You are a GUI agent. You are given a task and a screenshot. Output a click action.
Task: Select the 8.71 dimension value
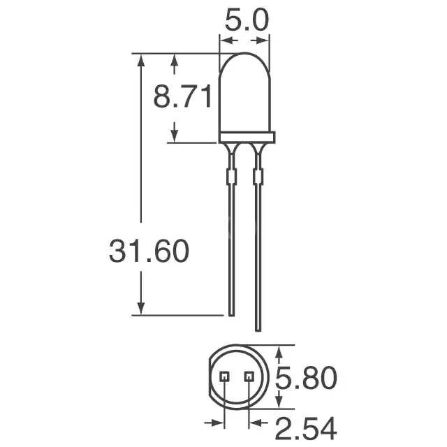[x=183, y=98]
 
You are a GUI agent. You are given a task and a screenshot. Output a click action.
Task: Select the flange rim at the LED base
[x=249, y=137]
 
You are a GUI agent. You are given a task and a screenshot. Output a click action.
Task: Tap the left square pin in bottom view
[x=224, y=376]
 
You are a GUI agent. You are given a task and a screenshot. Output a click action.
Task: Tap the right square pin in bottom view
[x=249, y=376]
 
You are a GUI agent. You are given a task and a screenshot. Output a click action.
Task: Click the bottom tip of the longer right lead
[x=258, y=329]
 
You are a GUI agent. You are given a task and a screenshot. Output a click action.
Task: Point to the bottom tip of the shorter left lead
[x=230, y=313]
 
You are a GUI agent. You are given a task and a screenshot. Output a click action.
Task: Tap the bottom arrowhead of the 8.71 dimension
[x=174, y=137]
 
